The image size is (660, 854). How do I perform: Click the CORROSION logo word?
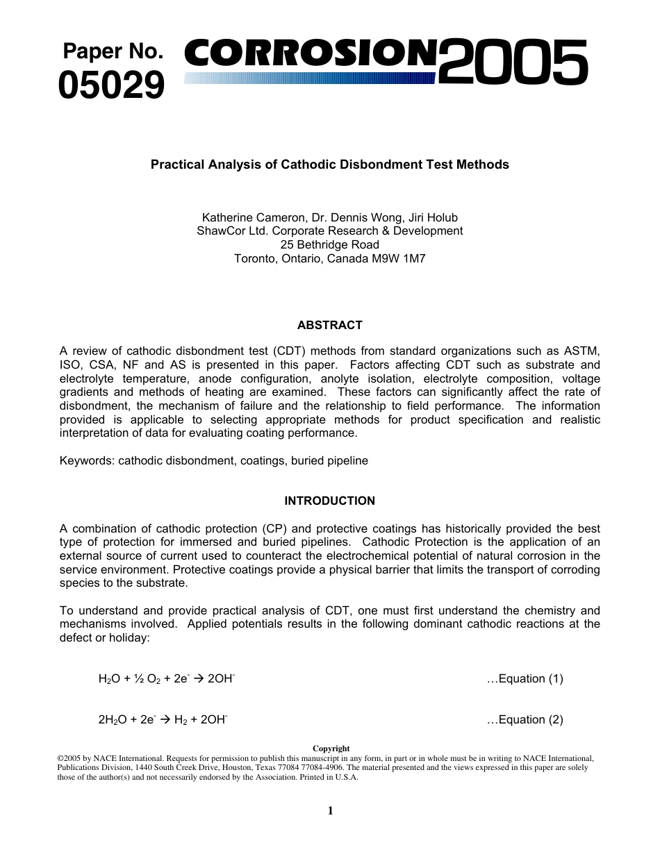(x=311, y=55)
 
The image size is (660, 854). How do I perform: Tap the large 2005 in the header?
(x=513, y=63)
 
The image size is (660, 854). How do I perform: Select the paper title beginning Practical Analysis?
(x=330, y=165)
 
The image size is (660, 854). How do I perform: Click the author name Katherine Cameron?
(x=253, y=217)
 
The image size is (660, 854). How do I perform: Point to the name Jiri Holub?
(x=432, y=217)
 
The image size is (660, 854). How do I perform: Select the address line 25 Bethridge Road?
(x=330, y=245)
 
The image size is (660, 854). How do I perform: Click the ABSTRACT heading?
(x=330, y=325)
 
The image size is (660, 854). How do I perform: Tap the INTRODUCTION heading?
(x=330, y=501)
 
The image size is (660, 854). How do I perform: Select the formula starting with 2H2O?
(x=163, y=719)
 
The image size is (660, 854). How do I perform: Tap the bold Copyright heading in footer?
(x=331, y=748)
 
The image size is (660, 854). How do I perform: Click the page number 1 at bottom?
(x=330, y=810)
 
